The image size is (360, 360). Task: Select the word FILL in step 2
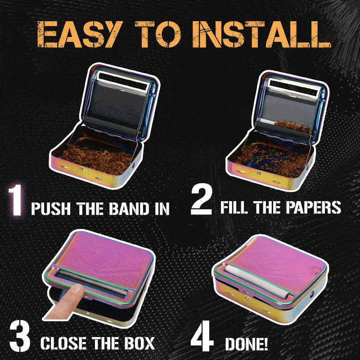tap(233, 208)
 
